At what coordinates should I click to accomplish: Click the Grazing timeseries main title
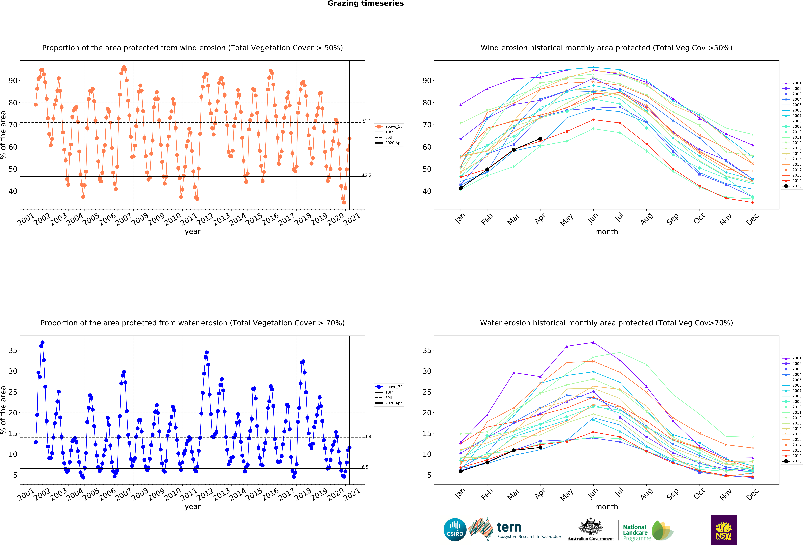(x=366, y=3)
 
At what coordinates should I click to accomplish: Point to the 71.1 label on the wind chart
(x=366, y=121)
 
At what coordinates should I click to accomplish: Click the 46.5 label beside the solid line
(x=366, y=175)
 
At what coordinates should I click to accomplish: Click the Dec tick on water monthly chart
(x=752, y=494)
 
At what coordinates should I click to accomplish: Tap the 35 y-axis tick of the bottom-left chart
(x=13, y=350)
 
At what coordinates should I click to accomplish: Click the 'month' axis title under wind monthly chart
(x=606, y=232)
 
